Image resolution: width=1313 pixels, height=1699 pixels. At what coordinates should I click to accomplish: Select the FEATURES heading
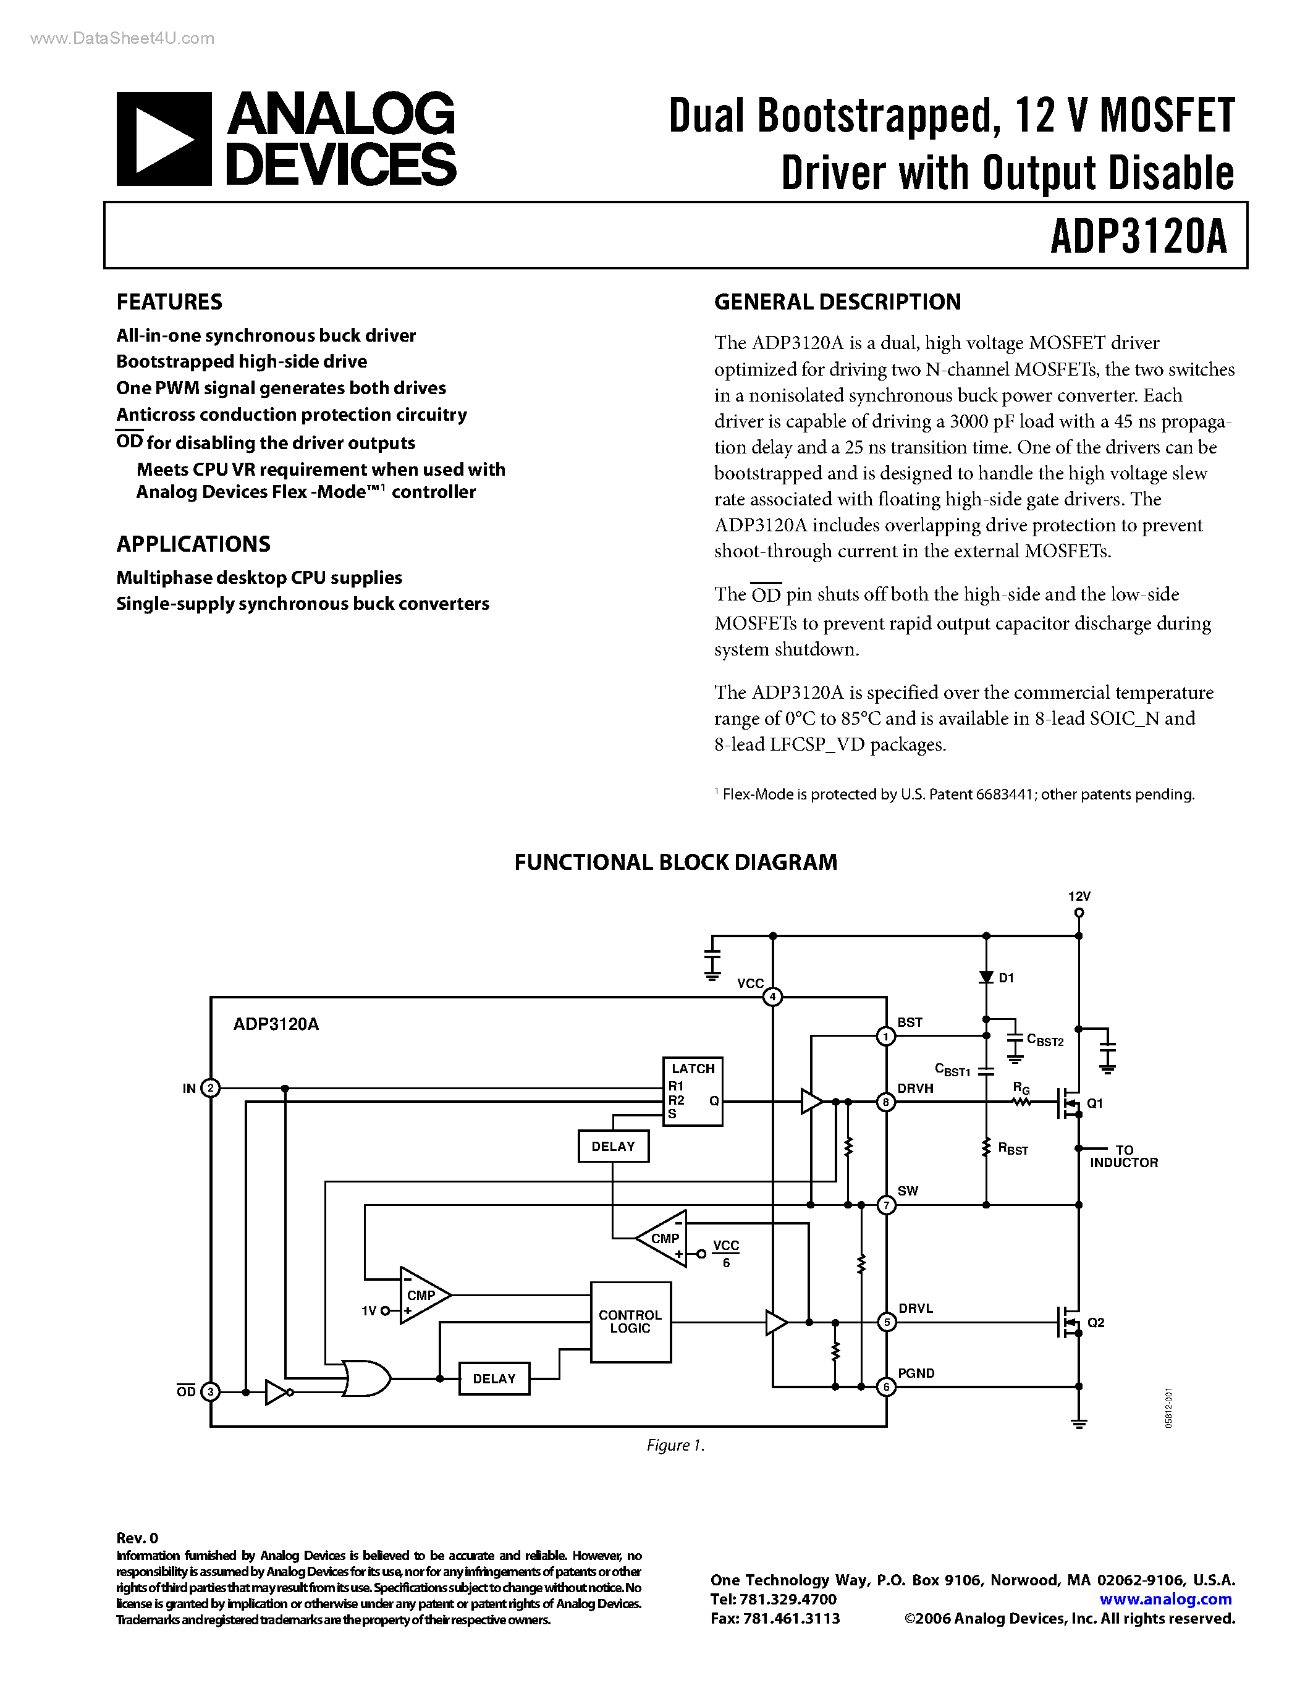169,302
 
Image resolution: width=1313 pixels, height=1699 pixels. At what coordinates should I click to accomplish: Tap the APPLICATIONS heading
193,544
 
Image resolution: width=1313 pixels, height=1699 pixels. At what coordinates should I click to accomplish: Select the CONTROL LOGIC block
630,1322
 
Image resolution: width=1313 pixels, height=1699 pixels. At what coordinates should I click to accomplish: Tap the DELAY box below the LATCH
613,1147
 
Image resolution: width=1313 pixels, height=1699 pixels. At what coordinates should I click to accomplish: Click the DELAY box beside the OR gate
494,1378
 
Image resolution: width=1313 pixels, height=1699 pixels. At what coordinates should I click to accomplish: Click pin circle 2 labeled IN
210,1089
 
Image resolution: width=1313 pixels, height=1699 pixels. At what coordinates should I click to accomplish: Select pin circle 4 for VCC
772,997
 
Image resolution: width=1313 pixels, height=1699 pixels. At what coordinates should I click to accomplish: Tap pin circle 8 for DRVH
886,1102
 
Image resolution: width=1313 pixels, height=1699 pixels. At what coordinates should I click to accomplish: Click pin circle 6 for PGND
886,1386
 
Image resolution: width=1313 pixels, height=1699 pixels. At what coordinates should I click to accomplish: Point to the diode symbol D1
986,977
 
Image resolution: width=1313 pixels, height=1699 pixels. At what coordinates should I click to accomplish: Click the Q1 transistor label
1094,1103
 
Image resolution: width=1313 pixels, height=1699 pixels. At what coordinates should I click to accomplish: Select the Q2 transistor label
1096,1323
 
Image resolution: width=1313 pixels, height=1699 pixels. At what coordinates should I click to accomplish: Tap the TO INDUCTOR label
1124,1156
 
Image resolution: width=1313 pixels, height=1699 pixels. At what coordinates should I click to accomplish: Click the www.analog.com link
1165,1600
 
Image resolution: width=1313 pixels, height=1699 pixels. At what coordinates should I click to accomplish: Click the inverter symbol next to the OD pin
276,1392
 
